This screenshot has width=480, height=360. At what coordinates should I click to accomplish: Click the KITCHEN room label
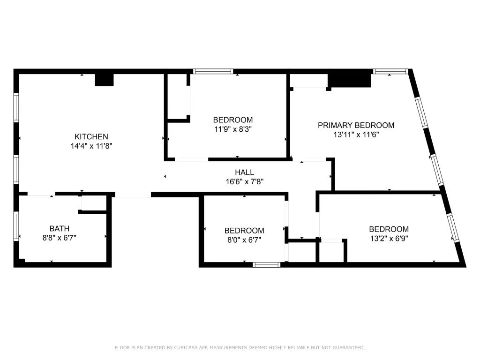click(91, 136)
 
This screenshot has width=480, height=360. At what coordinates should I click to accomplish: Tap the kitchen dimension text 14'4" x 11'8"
click(91, 146)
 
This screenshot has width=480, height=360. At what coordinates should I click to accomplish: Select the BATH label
click(60, 228)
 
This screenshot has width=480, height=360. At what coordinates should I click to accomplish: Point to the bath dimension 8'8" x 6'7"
click(60, 238)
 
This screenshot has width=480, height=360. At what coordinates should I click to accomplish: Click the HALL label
click(244, 172)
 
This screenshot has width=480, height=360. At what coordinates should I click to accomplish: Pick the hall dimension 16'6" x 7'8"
click(244, 182)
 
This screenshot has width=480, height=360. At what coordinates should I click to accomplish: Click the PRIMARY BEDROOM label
click(356, 125)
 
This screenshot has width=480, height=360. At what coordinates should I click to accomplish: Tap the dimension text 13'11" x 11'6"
click(356, 135)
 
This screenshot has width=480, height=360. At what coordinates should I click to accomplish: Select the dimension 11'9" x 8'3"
click(233, 129)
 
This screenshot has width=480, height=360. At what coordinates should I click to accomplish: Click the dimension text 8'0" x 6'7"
click(244, 240)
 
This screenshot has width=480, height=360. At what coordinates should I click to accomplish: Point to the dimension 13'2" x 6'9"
click(389, 239)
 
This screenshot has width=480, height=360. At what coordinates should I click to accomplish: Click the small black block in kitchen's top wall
click(105, 80)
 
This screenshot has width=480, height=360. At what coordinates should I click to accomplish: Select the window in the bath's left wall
click(16, 226)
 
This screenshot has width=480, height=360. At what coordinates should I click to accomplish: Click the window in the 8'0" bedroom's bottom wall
click(267, 265)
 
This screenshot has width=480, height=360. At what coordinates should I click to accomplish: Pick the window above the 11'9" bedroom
click(213, 71)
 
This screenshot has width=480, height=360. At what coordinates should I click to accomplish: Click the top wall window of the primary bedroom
click(390, 71)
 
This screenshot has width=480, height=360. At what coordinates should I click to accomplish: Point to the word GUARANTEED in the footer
click(349, 348)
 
